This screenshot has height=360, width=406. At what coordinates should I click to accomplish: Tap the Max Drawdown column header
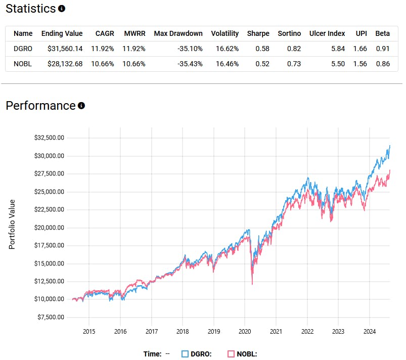pyautogui.click(x=178, y=33)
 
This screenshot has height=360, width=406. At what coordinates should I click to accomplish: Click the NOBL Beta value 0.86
pyautogui.click(x=383, y=64)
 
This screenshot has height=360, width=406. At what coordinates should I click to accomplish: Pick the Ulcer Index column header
pyautogui.click(x=327, y=33)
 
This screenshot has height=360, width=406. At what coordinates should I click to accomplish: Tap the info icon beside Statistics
pyautogui.click(x=62, y=9)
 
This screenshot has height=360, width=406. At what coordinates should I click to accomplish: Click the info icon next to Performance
pyautogui.click(x=81, y=106)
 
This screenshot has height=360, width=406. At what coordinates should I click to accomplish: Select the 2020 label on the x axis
pyautogui.click(x=245, y=331)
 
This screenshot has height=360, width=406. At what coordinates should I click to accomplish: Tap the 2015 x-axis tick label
pyautogui.click(x=89, y=331)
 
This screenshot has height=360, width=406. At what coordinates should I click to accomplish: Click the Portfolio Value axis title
pyautogui.click(x=12, y=224)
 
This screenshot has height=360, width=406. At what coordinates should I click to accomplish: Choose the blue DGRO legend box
pyautogui.click(x=185, y=354)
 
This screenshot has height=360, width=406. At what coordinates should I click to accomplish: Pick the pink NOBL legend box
pyautogui.click(x=232, y=354)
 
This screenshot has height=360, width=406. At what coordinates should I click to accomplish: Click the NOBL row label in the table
pyautogui.click(x=22, y=64)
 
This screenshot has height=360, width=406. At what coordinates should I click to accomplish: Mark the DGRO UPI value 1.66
pyautogui.click(x=360, y=49)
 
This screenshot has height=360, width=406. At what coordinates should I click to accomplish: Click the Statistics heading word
pyautogui.click(x=30, y=9)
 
